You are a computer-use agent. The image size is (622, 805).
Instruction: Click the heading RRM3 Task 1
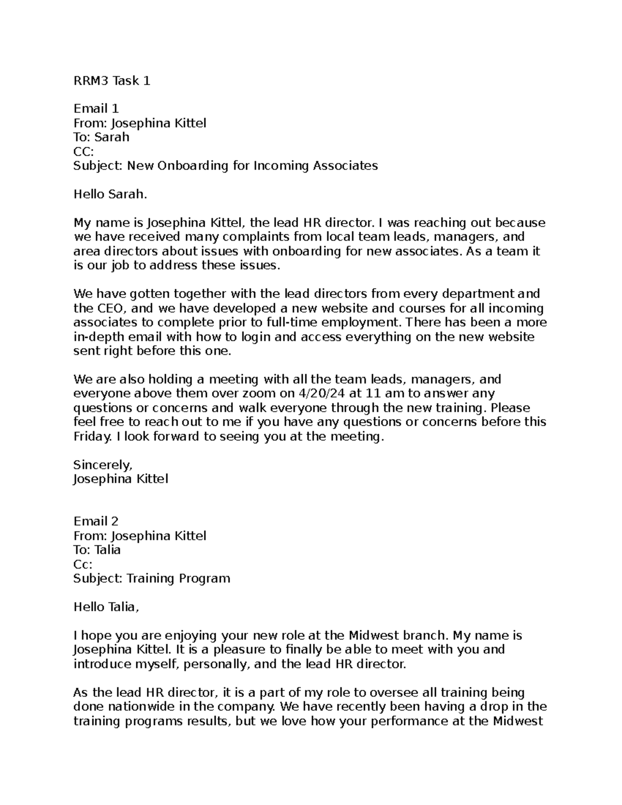pyautogui.click(x=112, y=80)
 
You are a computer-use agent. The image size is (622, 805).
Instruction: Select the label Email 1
pyautogui.click(x=96, y=108)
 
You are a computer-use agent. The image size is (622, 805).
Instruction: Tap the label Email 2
pyautogui.click(x=96, y=521)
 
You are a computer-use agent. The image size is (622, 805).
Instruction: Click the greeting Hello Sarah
pyautogui.click(x=110, y=194)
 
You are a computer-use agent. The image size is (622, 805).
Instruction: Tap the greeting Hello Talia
pyautogui.click(x=106, y=606)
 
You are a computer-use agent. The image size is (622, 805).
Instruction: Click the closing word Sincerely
pyautogui.click(x=103, y=464)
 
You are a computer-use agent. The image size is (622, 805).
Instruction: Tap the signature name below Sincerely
pyautogui.click(x=121, y=478)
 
